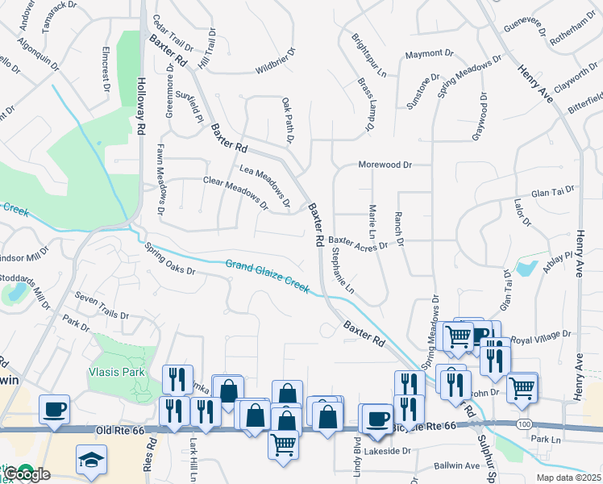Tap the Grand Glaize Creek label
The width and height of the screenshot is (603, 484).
267,276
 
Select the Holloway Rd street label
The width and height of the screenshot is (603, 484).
141,105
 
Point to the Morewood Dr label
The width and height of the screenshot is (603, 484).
385,165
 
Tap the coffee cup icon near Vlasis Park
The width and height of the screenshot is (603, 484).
54,409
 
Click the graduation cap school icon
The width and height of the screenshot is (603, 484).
90,461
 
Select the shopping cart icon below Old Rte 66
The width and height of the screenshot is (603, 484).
283,444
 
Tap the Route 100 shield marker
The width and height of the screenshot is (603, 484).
525,423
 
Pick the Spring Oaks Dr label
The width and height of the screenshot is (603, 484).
170,260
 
